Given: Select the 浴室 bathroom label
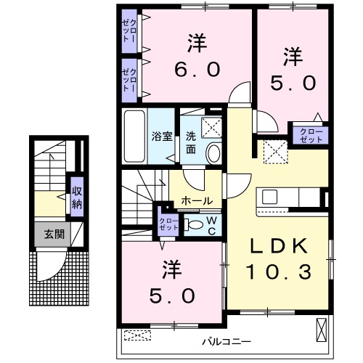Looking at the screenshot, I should [160, 136].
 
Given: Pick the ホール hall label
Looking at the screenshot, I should [197, 200].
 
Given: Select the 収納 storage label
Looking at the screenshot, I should [77, 197].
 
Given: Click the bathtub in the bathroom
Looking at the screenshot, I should [136, 136].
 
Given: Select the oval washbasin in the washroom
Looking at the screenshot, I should [214, 152].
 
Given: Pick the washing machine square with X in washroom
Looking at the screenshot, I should [212, 128].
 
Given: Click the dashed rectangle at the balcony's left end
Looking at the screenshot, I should [138, 335].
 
